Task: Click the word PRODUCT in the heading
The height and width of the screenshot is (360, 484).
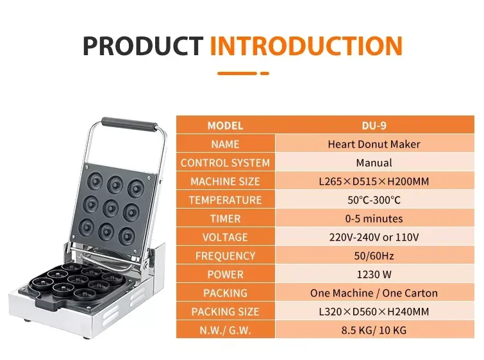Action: click(x=142, y=46)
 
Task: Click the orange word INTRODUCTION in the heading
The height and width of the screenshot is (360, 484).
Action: click(x=306, y=46)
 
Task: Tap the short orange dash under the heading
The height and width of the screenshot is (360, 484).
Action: click(x=265, y=74)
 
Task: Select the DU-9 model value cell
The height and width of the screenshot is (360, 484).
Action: click(x=374, y=126)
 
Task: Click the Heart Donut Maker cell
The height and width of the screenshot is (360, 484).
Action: click(x=374, y=144)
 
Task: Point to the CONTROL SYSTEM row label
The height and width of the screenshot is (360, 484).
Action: click(x=225, y=163)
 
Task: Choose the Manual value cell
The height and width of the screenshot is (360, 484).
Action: click(x=374, y=163)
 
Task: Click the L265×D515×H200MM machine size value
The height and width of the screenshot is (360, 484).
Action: click(x=374, y=182)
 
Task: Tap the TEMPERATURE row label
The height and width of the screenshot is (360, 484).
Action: click(x=225, y=200)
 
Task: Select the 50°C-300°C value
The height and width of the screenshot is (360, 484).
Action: click(x=374, y=200)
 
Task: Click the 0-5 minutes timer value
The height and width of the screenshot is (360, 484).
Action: click(x=374, y=219)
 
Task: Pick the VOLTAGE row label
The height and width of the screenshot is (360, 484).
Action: click(x=225, y=237)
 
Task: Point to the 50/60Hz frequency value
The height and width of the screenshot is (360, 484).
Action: click(x=374, y=256)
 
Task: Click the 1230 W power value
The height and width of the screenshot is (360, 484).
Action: click(x=374, y=275)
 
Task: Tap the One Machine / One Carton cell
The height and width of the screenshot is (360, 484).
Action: click(x=374, y=293)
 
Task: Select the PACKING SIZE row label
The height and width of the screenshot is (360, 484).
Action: click(x=225, y=311)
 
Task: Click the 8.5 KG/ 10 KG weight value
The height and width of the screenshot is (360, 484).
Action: click(x=374, y=330)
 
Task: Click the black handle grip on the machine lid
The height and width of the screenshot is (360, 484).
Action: click(x=129, y=124)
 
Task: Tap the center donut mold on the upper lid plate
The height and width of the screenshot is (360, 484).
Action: click(x=111, y=209)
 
